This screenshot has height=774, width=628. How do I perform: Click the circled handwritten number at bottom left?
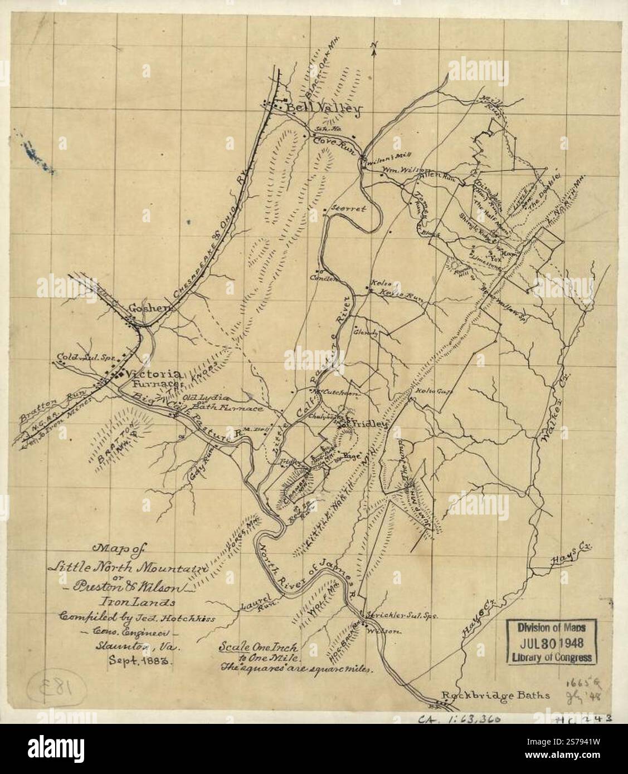point(64,686)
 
